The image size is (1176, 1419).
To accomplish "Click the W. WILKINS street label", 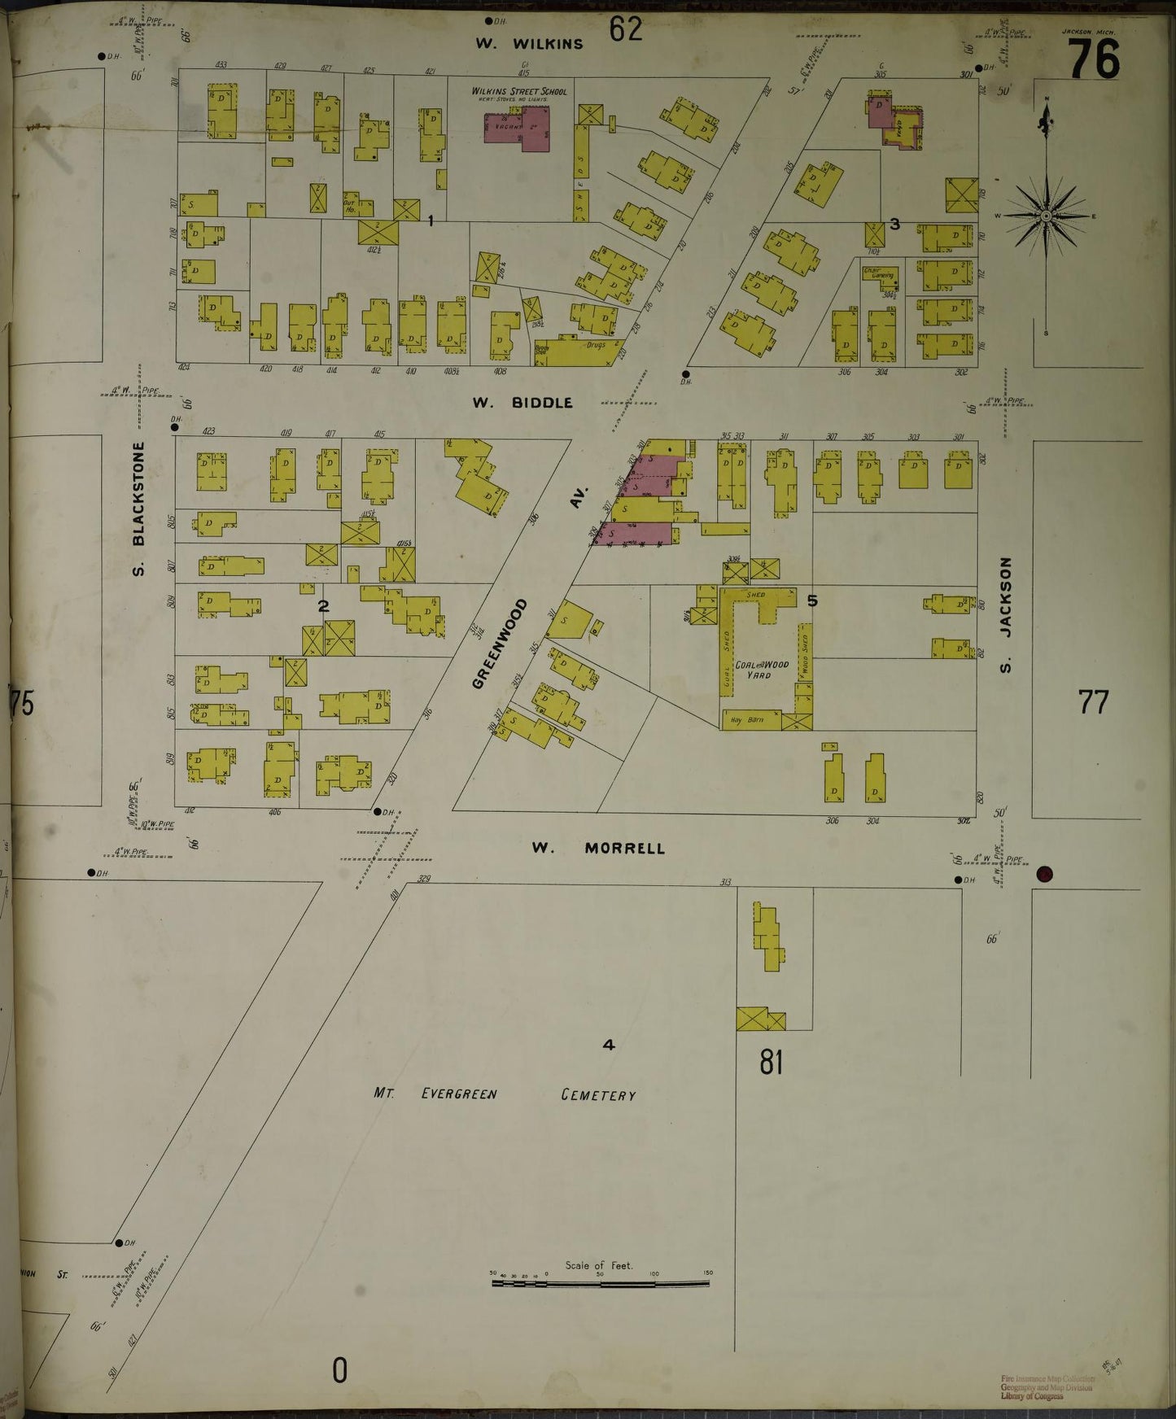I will pos(530,44).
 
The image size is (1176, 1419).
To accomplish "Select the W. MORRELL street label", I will pos(598,849).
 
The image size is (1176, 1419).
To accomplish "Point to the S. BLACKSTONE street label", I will pos(139,509).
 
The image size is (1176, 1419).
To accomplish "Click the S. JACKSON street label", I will pos(1007,615).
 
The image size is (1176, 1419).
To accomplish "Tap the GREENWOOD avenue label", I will pos(500,644).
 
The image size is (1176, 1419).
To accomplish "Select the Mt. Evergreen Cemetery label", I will pos(505,1094).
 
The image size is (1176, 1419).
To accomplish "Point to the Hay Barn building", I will pos(749,720).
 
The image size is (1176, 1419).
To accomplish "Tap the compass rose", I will pos(1046,215).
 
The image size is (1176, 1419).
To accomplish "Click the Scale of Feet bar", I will pos(600,1284).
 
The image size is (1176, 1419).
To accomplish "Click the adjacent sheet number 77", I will pos(1093,701).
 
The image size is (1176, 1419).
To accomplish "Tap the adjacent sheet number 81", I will pos(770,1062).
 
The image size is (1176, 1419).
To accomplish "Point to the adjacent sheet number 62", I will pos(626,29).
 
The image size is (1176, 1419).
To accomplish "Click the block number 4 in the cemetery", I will pos(608,1045).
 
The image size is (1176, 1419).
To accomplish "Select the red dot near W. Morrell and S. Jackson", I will pos(1045,875).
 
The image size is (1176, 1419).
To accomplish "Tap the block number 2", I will pos(323,605).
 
